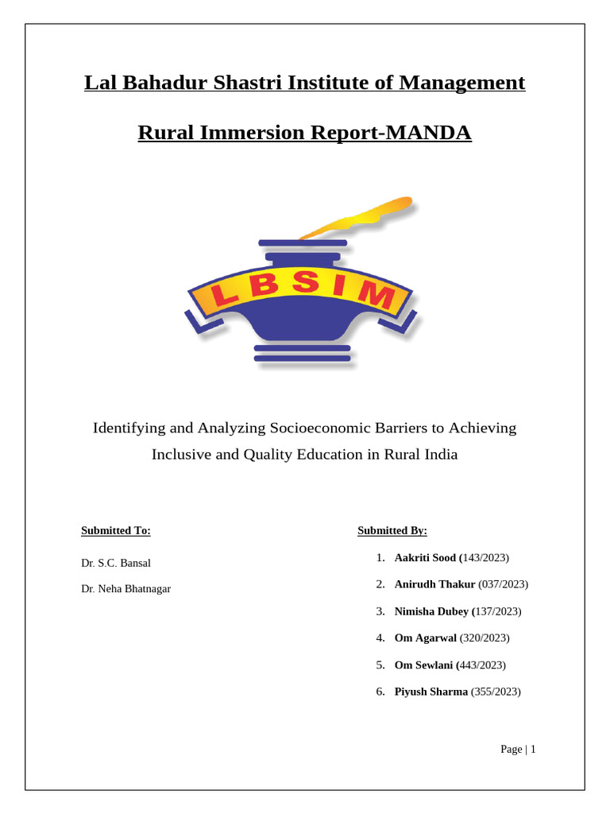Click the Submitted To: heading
point(116,531)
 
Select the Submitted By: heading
point(392,531)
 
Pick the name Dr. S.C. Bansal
point(116,563)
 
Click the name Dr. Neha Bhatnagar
point(125,589)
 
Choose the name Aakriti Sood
point(425,558)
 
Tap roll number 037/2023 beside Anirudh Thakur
point(503,584)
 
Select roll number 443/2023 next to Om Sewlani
point(483,665)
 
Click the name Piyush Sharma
point(431,692)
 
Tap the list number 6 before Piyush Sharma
point(380,692)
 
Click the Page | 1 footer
point(519,750)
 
